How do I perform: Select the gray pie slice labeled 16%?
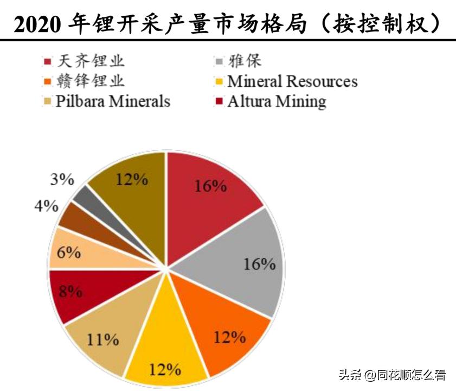[x=244, y=261]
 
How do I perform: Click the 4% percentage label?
[x=47, y=206]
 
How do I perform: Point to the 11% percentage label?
[x=102, y=340]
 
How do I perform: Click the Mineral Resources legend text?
[x=292, y=81]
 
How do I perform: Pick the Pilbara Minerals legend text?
[x=113, y=101]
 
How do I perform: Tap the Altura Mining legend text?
[x=277, y=101]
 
